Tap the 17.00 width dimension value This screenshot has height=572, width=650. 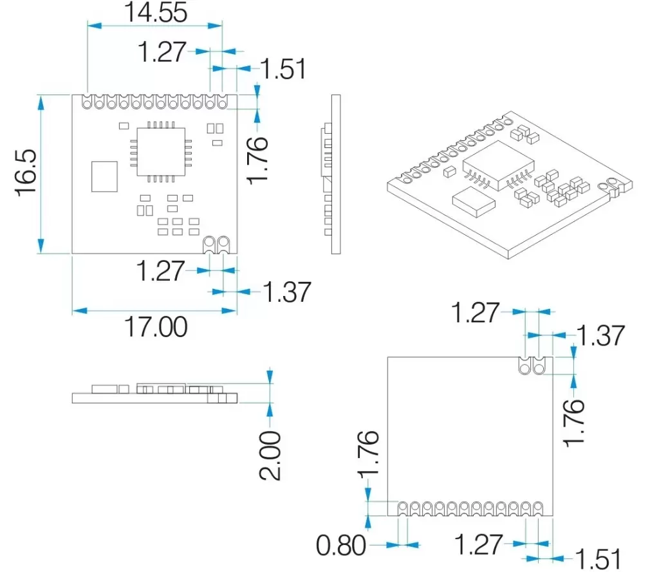tap(156, 327)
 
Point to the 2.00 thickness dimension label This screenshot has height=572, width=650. tap(271, 456)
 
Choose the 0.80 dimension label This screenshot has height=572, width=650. tap(340, 546)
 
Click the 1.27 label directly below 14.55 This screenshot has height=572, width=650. tap(162, 52)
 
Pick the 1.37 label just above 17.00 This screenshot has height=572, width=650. tap(286, 293)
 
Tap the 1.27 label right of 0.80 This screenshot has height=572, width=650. tap(478, 545)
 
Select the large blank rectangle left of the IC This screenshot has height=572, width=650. tap(104, 176)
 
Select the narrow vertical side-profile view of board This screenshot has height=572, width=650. tap(333, 174)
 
